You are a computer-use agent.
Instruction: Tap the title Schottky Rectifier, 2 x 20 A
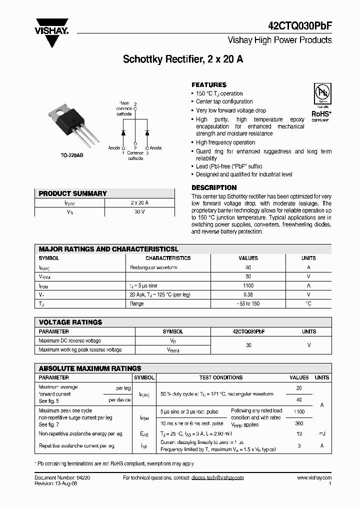[x=183, y=59]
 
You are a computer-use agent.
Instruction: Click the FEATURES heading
[x=209, y=85]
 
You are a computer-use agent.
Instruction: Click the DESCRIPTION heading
[x=214, y=187]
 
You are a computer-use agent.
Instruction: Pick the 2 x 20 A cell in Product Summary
[x=139, y=203]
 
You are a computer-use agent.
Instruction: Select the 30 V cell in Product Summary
[x=139, y=212]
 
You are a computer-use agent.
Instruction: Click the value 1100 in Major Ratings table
[x=248, y=285]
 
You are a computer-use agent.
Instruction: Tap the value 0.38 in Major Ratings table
[x=248, y=294]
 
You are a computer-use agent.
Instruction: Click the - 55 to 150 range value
[x=248, y=303]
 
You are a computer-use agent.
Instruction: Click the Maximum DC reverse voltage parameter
[x=69, y=340]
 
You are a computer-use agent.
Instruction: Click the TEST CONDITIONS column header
[x=220, y=378]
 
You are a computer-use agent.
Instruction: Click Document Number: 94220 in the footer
[x=62, y=478]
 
